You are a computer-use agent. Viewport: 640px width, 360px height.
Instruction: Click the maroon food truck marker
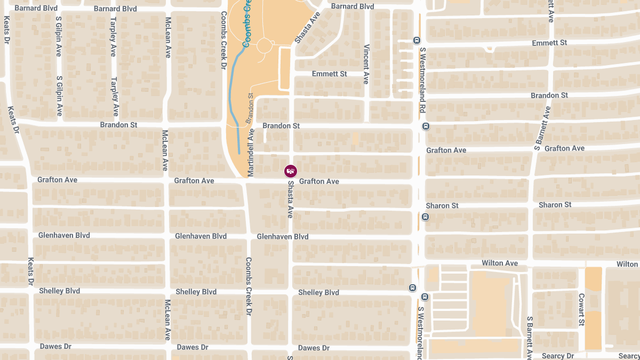(291, 171)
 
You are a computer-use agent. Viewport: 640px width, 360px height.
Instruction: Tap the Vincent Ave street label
(366, 64)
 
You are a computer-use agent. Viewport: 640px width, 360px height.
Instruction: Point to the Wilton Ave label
(500, 263)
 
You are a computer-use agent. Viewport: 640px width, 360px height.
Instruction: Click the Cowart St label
(581, 310)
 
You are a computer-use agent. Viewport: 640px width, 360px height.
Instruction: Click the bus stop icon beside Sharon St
(425, 217)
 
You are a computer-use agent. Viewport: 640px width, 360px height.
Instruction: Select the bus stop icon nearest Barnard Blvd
(417, 40)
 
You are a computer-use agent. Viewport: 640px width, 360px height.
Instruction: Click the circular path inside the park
(265, 46)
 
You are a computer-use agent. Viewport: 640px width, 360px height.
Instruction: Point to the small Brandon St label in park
(250, 109)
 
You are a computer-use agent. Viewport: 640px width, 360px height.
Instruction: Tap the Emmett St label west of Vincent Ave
(329, 74)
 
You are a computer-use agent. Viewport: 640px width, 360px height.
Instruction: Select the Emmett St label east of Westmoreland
(549, 42)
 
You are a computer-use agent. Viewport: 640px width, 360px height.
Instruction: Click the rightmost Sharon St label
(555, 205)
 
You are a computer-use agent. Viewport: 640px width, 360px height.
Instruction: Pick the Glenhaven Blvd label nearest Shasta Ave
(282, 236)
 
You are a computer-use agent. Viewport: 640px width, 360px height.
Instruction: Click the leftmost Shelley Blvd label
(59, 291)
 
